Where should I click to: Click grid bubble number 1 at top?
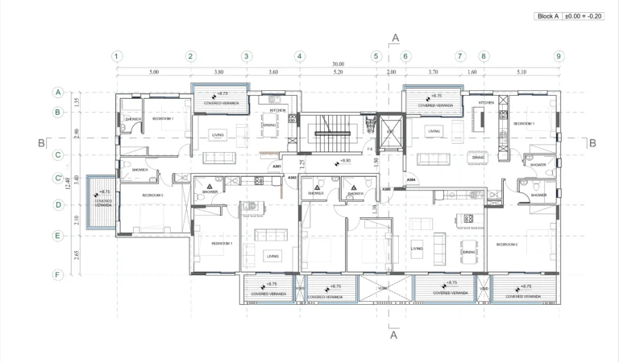pos(117,56)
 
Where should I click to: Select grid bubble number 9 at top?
pos(559,56)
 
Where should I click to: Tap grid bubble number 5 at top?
pos(376,56)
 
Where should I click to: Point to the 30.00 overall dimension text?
pos(338,64)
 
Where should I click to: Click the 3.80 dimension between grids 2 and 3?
pos(218,72)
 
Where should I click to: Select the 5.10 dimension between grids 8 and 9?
pos(521,72)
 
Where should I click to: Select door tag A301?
pos(277,167)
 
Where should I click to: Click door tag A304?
pos(411,179)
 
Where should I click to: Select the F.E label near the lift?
pos(370,150)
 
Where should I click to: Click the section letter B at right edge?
pos(592,143)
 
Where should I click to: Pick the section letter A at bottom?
pos(394,337)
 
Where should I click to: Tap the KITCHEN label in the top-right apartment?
pos(486,103)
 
